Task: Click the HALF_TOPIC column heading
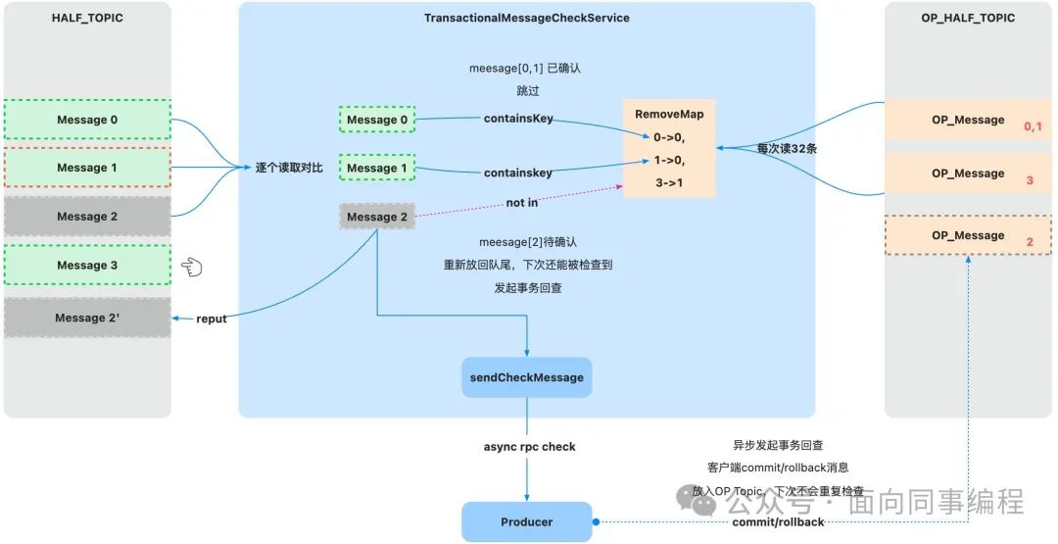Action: pos(86,18)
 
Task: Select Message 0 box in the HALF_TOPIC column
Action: pos(87,120)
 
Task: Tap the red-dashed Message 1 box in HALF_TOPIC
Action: pos(87,168)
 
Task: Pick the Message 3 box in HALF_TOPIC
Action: pos(87,265)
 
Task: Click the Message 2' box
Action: pos(87,318)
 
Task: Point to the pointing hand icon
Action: pos(190,266)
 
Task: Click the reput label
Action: pos(211,319)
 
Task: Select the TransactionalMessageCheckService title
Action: pos(526,18)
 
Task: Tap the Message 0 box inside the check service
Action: pos(377,120)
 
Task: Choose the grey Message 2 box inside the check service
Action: pos(377,217)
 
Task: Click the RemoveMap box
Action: pos(669,147)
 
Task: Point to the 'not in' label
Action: pos(521,203)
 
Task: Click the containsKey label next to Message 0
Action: pos(518,119)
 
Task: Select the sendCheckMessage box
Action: pos(526,377)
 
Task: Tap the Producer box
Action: pos(526,521)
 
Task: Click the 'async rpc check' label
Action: pos(529,447)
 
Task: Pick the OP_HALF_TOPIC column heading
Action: pos(968,18)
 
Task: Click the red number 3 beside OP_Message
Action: pos(1029,181)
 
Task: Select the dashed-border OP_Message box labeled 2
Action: pos(969,235)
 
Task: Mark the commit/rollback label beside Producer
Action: pos(778,522)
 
